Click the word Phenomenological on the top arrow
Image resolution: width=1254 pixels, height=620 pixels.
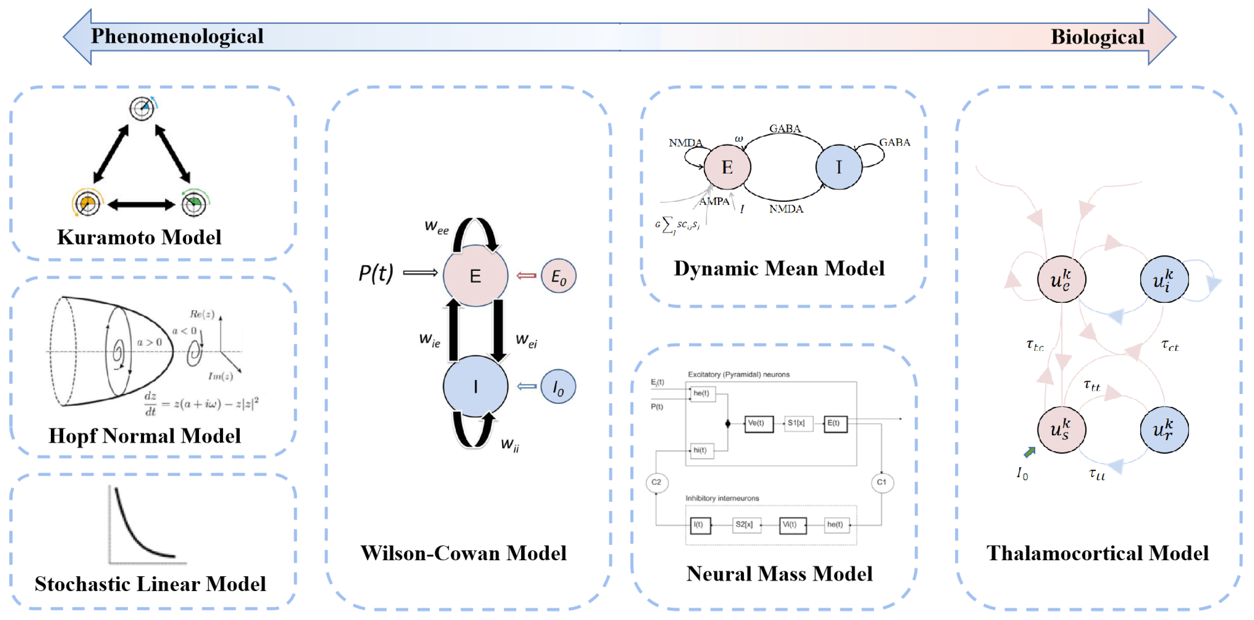pos(177,36)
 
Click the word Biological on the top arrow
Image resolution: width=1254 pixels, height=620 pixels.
pos(1097,37)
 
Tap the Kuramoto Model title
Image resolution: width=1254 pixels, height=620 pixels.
pos(139,237)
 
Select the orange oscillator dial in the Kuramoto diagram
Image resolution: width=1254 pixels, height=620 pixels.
pos(87,203)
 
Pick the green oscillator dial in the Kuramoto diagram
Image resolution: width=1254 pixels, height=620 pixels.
pos(194,203)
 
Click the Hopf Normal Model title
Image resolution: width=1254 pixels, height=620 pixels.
pos(144,436)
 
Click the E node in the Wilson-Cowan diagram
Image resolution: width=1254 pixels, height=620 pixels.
pos(475,276)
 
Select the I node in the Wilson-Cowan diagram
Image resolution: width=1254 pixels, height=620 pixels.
pos(475,386)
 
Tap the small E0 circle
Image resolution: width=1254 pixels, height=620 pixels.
pos(558,276)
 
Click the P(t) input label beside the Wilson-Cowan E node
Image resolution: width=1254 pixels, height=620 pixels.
pos(375,273)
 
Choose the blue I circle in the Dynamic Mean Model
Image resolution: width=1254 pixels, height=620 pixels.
pos(838,167)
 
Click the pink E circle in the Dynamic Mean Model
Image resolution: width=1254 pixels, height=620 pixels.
pos(727,167)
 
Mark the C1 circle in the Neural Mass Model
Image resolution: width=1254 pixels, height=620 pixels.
pos(881,482)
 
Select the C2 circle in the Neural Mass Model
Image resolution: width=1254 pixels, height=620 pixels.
pos(656,482)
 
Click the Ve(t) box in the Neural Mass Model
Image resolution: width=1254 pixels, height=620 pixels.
pos(758,423)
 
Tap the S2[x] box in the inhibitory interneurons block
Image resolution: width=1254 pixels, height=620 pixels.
pos(745,525)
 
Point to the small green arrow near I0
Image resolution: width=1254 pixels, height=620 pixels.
pos(1029,452)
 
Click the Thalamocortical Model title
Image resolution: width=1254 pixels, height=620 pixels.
pos(1097,553)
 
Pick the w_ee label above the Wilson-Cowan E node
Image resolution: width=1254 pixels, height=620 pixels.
pos(436,227)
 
